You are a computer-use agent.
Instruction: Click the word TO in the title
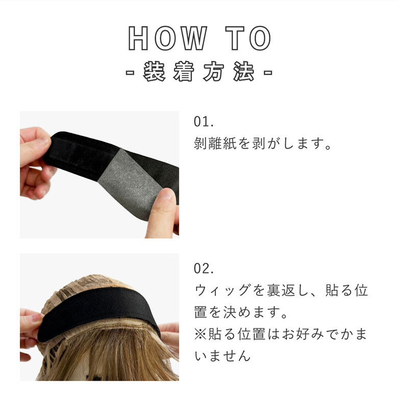coord(248,38)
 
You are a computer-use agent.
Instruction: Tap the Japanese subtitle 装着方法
coord(199,71)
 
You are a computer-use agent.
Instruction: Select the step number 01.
coord(204,121)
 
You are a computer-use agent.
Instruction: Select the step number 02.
coord(204,268)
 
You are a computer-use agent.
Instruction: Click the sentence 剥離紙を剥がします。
coord(263,144)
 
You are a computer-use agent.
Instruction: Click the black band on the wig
coord(98,312)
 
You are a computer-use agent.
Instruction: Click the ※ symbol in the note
coord(201,334)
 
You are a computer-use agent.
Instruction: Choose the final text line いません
coord(222,356)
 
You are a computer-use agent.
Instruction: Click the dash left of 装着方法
coord(130,72)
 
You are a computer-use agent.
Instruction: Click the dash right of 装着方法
coord(268,72)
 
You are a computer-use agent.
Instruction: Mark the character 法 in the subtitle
coord(244,71)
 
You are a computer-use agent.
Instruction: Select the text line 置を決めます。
coord(240,312)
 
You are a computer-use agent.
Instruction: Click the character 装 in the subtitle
coord(154,71)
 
